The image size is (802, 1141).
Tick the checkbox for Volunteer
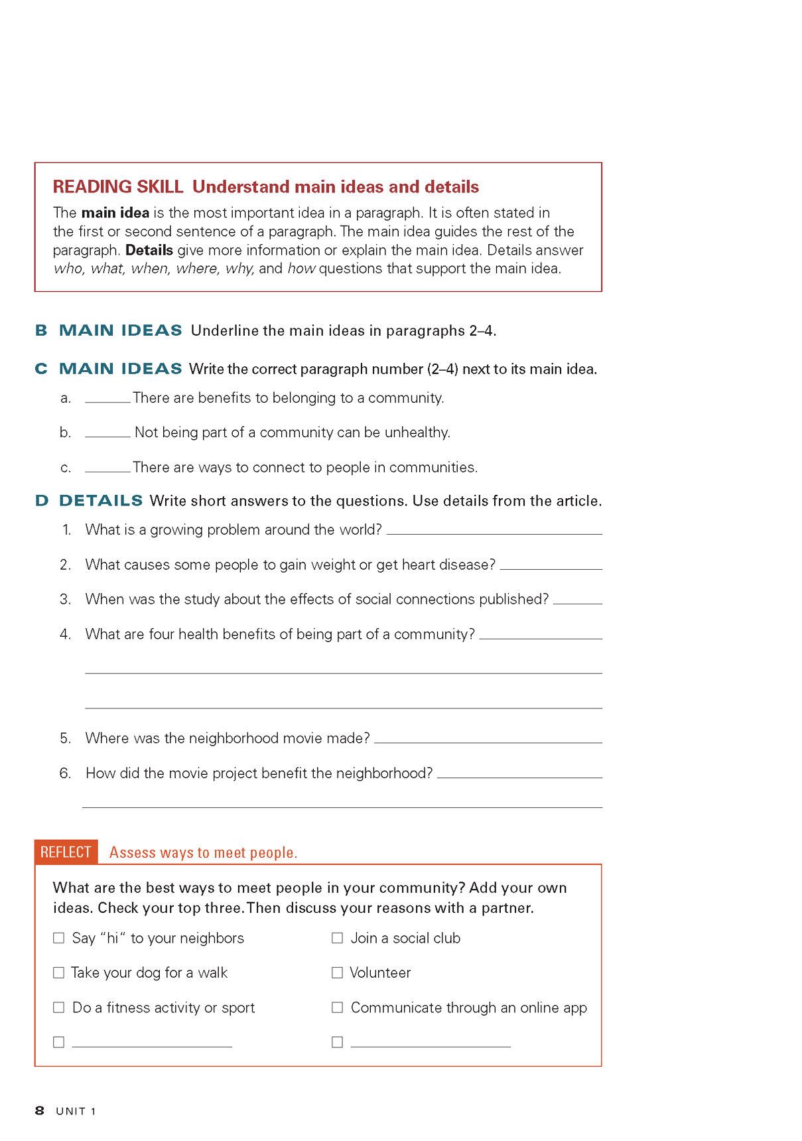[337, 973]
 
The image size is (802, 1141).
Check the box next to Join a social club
[337, 938]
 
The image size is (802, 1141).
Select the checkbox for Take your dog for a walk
[59, 973]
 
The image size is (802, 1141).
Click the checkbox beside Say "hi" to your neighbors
[59, 938]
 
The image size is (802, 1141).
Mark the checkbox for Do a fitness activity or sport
[59, 1007]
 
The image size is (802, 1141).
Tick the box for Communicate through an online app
[337, 1007]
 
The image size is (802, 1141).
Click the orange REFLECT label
[66, 852]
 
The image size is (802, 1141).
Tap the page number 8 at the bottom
[40, 1110]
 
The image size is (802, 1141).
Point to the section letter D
[42, 501]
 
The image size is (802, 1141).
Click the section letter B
[41, 330]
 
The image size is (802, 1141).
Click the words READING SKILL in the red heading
[118, 187]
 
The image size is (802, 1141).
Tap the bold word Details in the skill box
[149, 250]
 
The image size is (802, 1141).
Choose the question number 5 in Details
[65, 738]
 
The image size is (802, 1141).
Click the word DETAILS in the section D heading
[101, 501]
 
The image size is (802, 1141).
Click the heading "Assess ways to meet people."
[203, 852]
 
